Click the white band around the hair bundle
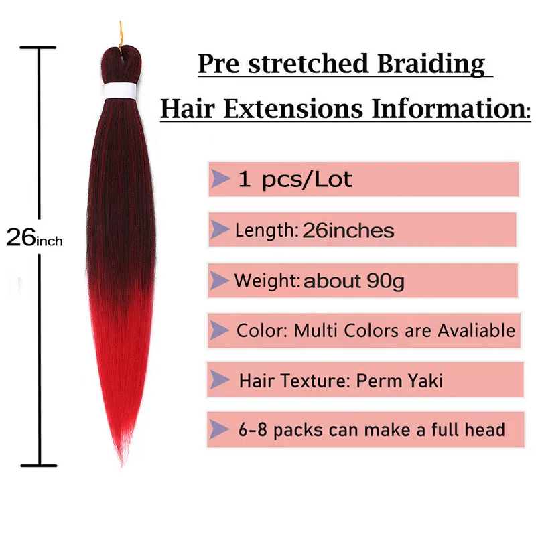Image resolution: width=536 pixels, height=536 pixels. (x=120, y=90)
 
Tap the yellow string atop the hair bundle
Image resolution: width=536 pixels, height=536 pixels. (x=121, y=34)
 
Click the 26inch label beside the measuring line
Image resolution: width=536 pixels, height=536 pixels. (x=35, y=237)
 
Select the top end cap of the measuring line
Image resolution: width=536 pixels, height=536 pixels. (x=38, y=47)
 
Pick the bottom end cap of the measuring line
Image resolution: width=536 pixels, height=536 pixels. (x=39, y=466)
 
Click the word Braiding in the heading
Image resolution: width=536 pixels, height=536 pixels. (x=431, y=64)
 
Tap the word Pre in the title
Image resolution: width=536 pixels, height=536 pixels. (x=219, y=64)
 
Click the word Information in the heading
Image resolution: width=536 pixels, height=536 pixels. (x=449, y=109)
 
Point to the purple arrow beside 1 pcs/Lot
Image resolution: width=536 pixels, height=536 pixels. (x=220, y=178)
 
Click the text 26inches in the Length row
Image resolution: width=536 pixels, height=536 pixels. (x=348, y=230)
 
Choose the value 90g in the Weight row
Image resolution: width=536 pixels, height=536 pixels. (x=385, y=281)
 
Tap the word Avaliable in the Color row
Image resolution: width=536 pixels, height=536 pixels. (x=476, y=330)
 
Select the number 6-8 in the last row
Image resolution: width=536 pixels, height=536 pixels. (x=253, y=429)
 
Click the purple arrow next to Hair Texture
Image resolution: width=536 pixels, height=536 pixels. (x=220, y=379)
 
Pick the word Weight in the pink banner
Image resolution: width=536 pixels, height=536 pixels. (x=265, y=281)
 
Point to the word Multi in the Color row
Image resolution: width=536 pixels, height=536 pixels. (x=316, y=330)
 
